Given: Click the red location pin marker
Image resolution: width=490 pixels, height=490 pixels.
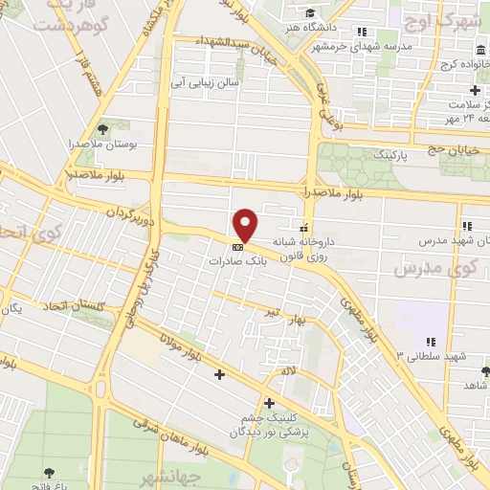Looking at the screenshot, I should [x=247, y=225].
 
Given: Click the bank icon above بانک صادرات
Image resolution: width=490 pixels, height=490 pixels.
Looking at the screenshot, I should [x=237, y=245].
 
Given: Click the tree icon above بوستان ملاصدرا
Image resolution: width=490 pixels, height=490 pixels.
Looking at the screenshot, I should [x=102, y=128].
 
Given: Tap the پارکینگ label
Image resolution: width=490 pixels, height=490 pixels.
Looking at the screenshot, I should [x=390, y=153].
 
